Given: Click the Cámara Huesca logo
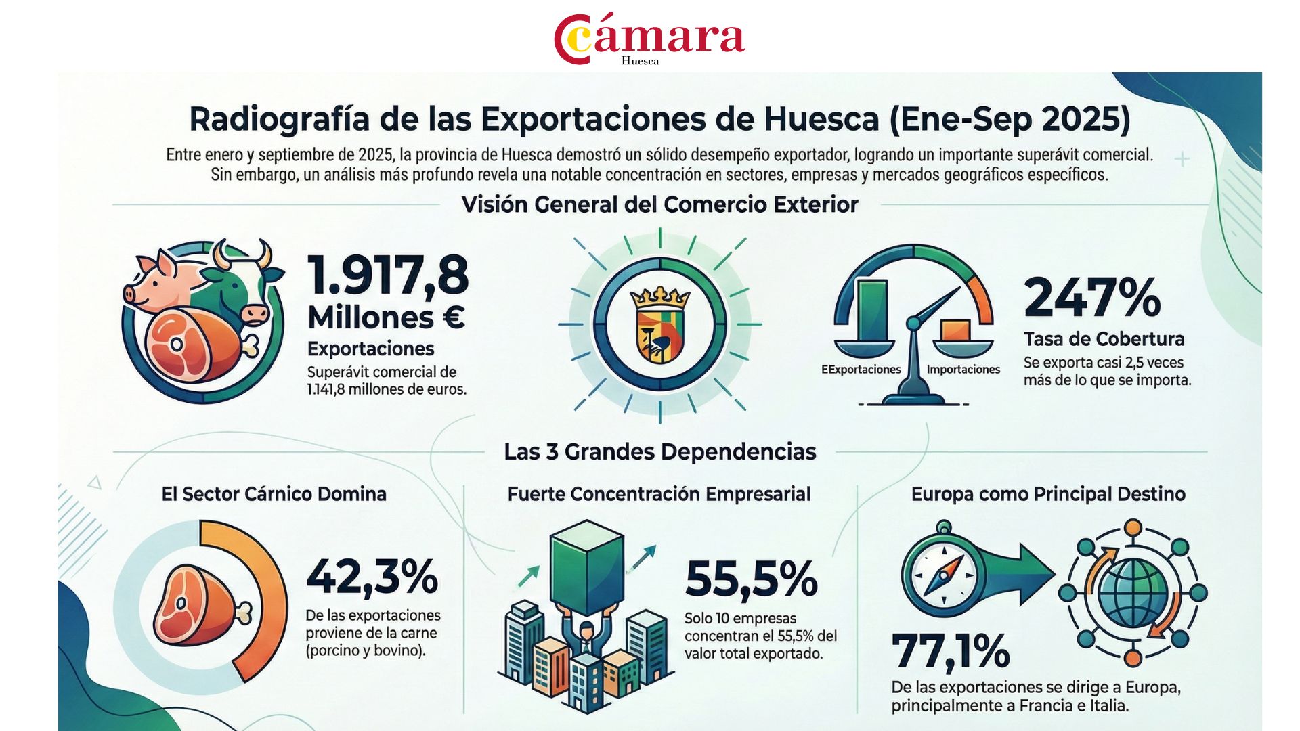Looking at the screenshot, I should click(x=649, y=39).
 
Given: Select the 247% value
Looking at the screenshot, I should click(x=1092, y=297).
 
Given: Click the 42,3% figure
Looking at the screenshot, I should click(x=372, y=577).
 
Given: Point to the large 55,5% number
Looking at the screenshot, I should click(x=751, y=579).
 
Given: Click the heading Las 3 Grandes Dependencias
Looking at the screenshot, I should click(x=659, y=451).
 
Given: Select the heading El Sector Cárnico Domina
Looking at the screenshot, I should click(x=274, y=494).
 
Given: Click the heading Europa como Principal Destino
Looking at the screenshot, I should click(x=1047, y=494).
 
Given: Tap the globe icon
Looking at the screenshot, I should click(x=1133, y=593).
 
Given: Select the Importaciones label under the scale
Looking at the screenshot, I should click(x=963, y=370).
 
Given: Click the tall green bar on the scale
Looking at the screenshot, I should click(x=871, y=310).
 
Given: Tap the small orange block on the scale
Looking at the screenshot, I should click(x=955, y=330).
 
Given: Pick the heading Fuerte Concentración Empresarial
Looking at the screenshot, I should click(x=659, y=494).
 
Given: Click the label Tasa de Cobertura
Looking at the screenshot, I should click(x=1104, y=339).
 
